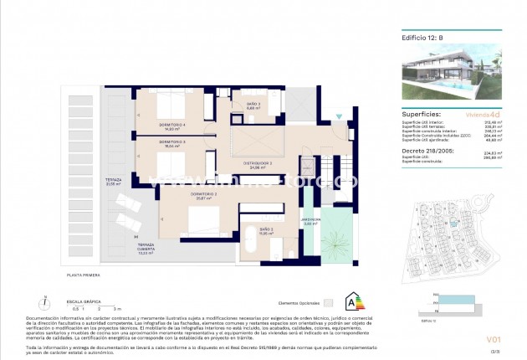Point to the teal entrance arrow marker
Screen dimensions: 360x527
coord(338,116)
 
